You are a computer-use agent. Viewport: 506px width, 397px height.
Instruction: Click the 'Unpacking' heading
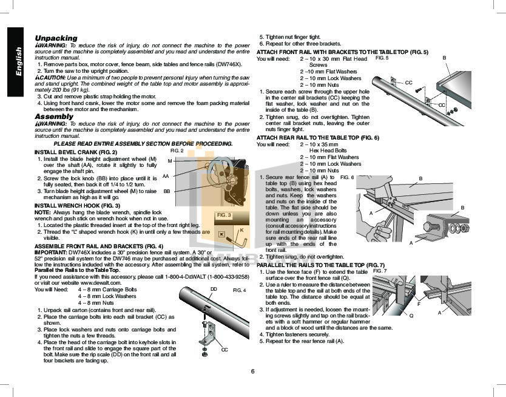point(56,38)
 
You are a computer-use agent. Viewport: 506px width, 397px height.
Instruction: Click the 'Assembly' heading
point(54,117)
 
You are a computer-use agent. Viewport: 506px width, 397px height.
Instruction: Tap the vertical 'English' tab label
point(18,61)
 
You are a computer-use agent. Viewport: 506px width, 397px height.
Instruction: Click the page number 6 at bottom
point(252,371)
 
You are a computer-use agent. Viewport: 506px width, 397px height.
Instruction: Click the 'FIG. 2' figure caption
point(177,150)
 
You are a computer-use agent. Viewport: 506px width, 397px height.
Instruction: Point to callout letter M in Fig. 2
point(169,160)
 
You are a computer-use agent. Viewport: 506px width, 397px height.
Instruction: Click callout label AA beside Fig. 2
point(166,176)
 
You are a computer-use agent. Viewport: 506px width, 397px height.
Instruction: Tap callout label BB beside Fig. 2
point(166,191)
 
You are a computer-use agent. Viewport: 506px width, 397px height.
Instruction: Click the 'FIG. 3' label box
point(224,215)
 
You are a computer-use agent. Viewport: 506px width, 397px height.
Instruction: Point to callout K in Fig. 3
point(241,230)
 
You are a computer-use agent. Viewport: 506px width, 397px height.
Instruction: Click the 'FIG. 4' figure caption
point(239,290)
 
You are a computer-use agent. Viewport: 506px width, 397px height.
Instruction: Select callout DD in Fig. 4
point(213,288)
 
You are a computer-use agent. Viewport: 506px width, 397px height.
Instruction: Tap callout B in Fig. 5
point(444,57)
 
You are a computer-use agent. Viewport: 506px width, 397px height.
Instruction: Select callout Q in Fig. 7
point(411,315)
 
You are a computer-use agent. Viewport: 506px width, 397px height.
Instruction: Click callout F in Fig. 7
point(419,304)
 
